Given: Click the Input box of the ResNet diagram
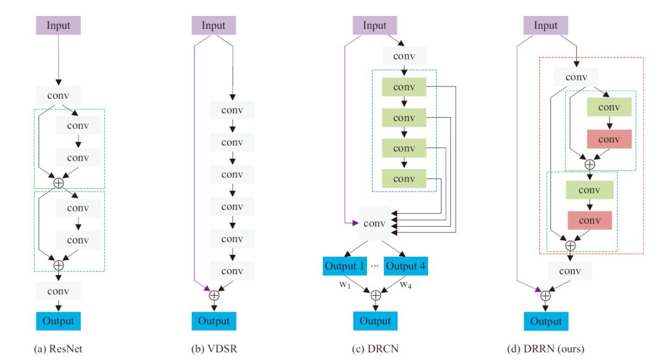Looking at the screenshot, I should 59,25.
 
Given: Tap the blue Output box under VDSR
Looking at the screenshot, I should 214,320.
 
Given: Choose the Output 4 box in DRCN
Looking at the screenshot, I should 406,266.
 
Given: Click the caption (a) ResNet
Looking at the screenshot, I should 58,349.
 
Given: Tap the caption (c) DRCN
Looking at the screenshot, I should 375,349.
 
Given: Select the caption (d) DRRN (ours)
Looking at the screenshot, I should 545,349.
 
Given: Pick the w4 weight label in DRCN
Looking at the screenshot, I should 406,285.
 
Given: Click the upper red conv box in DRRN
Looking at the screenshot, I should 609,139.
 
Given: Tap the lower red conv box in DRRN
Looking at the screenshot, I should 589,220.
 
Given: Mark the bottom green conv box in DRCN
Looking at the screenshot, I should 404,178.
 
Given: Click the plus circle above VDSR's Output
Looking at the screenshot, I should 214,295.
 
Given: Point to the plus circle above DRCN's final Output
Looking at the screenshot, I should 375,295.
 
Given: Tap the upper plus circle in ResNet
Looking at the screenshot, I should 59,183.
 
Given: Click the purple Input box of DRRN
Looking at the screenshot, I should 545,25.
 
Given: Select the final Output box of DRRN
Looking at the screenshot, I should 546,321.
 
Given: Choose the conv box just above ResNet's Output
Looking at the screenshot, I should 59,291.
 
